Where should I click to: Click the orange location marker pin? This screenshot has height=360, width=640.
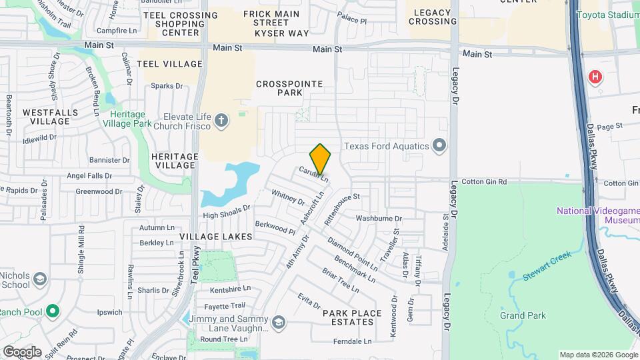point(321,159)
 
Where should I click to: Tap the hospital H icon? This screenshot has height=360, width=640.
point(595,77)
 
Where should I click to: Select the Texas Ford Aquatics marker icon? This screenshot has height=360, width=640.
point(439,145)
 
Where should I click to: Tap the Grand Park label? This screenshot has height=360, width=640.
point(523,315)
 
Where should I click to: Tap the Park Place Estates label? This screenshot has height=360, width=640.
point(352,317)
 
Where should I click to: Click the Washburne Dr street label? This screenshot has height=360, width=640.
point(379,218)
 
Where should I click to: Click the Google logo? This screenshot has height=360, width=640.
point(22,352)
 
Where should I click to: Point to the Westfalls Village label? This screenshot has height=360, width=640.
point(50,117)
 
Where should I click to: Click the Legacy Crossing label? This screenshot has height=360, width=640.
point(433,17)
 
